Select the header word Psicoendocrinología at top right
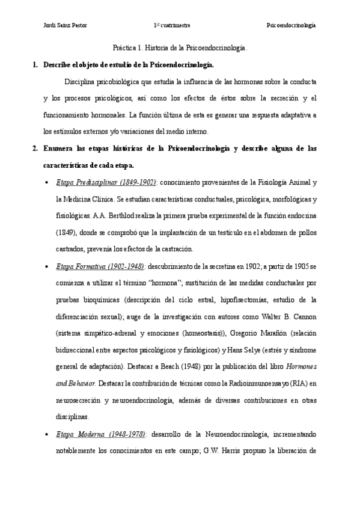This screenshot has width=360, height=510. tap(291, 25)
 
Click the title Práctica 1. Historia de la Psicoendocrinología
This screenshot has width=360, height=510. tap(180, 46)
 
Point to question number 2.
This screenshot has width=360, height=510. tap(35, 147)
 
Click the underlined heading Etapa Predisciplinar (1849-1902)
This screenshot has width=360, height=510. tap(106, 181)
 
